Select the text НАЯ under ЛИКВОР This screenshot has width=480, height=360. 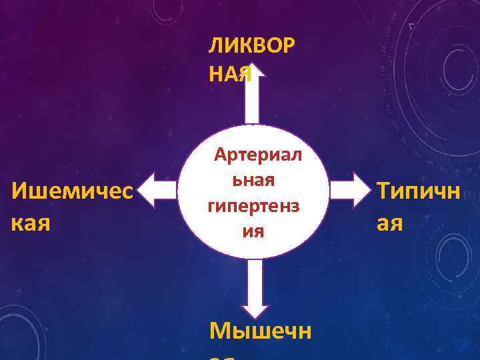[230, 75]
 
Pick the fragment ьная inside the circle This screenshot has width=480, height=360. [254, 180]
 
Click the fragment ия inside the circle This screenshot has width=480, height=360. [253, 231]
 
